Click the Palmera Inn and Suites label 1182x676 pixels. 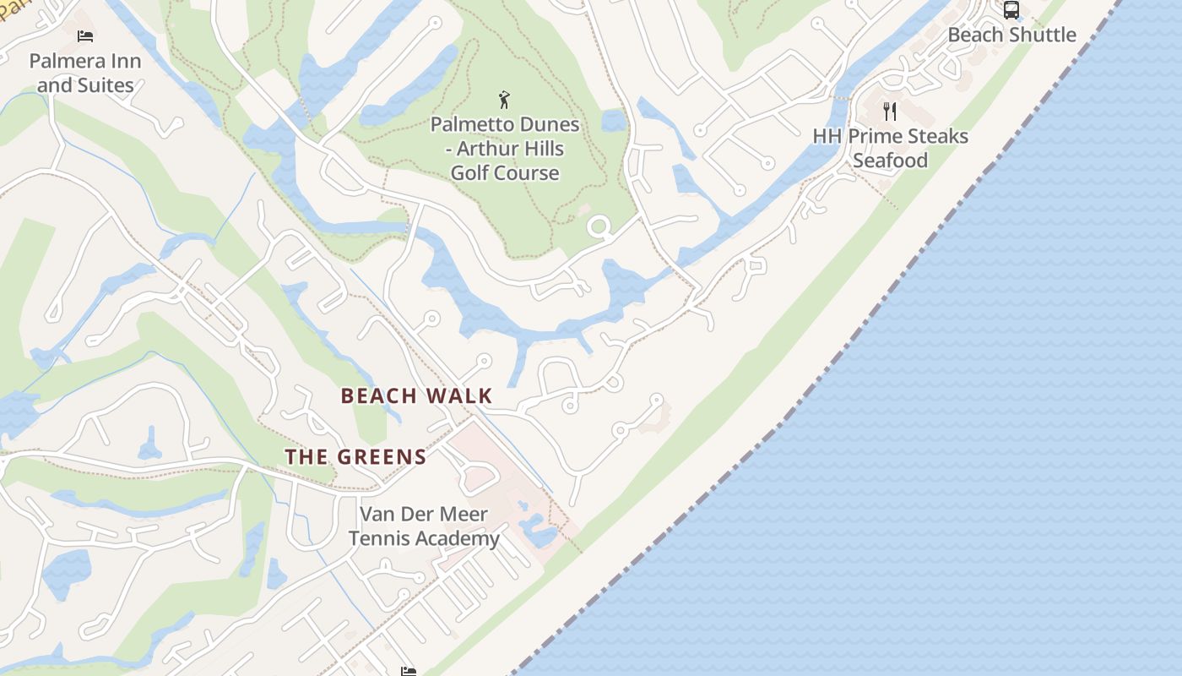[85, 73]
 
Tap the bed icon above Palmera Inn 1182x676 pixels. [84, 35]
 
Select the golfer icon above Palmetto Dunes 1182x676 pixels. [505, 100]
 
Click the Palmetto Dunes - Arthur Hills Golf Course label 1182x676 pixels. [505, 148]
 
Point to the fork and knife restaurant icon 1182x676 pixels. [890, 111]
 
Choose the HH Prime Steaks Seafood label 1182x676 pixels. [890, 148]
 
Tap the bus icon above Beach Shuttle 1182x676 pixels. [1011, 10]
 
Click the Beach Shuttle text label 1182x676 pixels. [1011, 35]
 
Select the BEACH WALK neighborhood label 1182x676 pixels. [416, 395]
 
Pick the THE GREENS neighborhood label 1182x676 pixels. [355, 457]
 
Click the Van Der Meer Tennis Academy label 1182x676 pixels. [424, 526]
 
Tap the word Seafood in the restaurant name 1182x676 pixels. [890, 161]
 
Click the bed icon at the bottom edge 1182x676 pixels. [409, 671]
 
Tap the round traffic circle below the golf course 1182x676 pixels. [599, 226]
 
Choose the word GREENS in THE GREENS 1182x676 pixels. [380, 457]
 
